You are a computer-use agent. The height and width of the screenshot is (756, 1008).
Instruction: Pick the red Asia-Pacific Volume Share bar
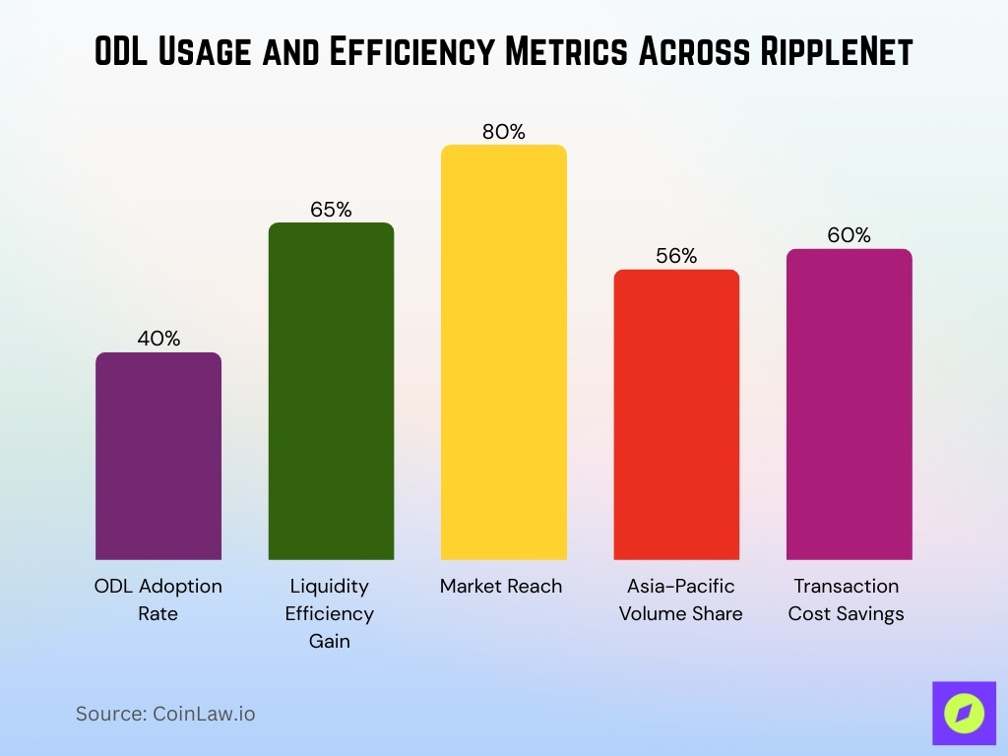click(x=676, y=414)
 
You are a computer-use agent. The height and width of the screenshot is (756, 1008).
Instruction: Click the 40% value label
click(x=158, y=339)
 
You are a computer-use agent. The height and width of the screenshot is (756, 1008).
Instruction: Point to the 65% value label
click(x=331, y=210)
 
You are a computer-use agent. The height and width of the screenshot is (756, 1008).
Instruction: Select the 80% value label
click(x=503, y=132)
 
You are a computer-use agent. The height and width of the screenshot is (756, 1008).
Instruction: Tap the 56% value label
click(x=676, y=256)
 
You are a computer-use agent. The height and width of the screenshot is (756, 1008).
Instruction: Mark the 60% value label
click(x=849, y=235)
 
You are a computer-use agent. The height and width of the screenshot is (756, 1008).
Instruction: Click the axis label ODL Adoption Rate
click(x=158, y=599)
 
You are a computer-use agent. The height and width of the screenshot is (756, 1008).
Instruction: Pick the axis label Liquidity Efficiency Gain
click(x=330, y=613)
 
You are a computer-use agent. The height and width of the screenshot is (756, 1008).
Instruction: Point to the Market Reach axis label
click(x=501, y=587)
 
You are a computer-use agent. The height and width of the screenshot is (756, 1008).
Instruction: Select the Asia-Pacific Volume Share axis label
click(x=680, y=599)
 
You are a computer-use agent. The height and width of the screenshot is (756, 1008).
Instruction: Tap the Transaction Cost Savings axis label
click(x=846, y=599)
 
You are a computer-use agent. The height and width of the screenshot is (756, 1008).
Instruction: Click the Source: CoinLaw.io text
click(x=165, y=714)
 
